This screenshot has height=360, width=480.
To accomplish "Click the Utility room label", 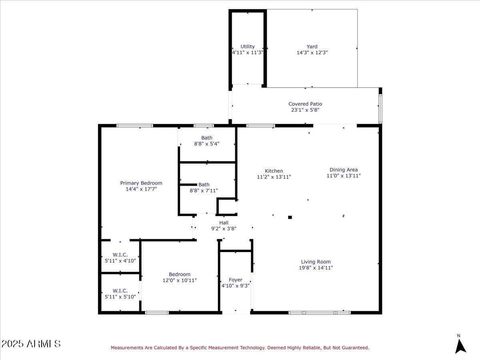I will coord(247,46).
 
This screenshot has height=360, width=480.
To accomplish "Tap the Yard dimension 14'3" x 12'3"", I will coord(312,52).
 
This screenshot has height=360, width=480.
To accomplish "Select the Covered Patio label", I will coord(305,104).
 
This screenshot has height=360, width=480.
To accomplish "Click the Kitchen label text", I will coord(274,171).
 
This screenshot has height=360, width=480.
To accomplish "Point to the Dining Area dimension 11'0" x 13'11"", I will coord(344,176).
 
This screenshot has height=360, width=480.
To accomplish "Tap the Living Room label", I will coord(316,262).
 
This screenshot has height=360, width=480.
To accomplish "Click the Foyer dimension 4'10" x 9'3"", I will coord(236,286).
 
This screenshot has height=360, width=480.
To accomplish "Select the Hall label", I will coord(224,223).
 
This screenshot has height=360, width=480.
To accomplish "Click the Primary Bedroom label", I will coord(141,183).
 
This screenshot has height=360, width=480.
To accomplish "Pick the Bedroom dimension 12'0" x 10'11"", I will coord(180,280).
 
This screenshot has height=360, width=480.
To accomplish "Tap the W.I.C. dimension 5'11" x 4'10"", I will coord(120,261).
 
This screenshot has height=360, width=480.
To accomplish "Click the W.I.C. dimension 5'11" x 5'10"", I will coord(120,297).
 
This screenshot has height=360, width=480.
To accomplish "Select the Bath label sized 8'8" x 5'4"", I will coord(207,138).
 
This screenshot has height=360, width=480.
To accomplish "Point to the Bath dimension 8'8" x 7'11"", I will coord(204,191).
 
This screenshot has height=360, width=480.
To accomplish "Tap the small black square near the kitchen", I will coord(290,217).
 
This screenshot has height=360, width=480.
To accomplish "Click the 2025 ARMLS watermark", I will coord(31,344).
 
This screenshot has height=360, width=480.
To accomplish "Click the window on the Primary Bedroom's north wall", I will coord(135,126).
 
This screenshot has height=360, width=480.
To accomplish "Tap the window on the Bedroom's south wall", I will coord(157,312).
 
